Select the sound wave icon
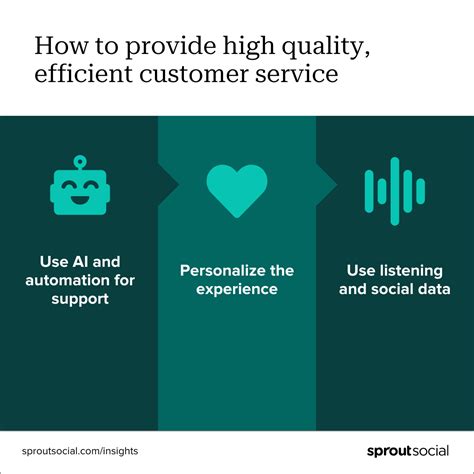tap(395, 190)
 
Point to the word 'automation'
tap(64, 279)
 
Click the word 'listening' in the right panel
tap(413, 270)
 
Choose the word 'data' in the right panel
tap(431, 289)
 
